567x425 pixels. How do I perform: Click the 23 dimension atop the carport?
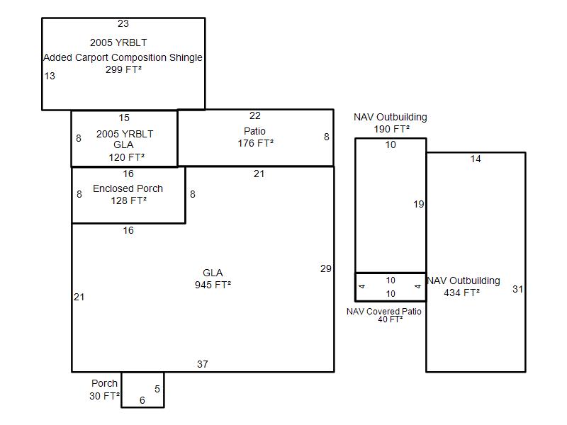coord(123,24)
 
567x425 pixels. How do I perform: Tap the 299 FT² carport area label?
coord(123,69)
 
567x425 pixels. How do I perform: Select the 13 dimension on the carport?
coord(50,76)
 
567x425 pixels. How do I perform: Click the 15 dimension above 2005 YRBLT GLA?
coord(124,118)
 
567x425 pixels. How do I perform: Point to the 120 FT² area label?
coord(127,157)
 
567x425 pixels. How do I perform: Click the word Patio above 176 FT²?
coord(254,131)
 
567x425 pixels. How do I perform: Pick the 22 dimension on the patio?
coord(255,116)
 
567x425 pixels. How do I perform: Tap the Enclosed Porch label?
coord(128,188)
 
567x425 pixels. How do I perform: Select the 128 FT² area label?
coord(129,200)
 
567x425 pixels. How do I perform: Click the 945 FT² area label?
coord(213,285)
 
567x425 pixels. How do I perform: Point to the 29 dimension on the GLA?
coord(326,269)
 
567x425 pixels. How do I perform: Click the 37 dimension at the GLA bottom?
coord(203,364)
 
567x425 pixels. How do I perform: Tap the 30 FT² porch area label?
coord(104,396)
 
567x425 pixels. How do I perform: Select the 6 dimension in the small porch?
coord(142,400)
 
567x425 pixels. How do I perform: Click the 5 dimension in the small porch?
coord(157,389)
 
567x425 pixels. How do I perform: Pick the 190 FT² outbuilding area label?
coord(392,130)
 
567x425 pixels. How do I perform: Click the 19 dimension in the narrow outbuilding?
coord(419,205)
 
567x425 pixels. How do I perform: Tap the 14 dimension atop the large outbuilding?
coord(476,159)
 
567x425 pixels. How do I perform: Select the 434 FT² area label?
coord(462,293)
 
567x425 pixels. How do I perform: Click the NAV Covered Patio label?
coord(384,312)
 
